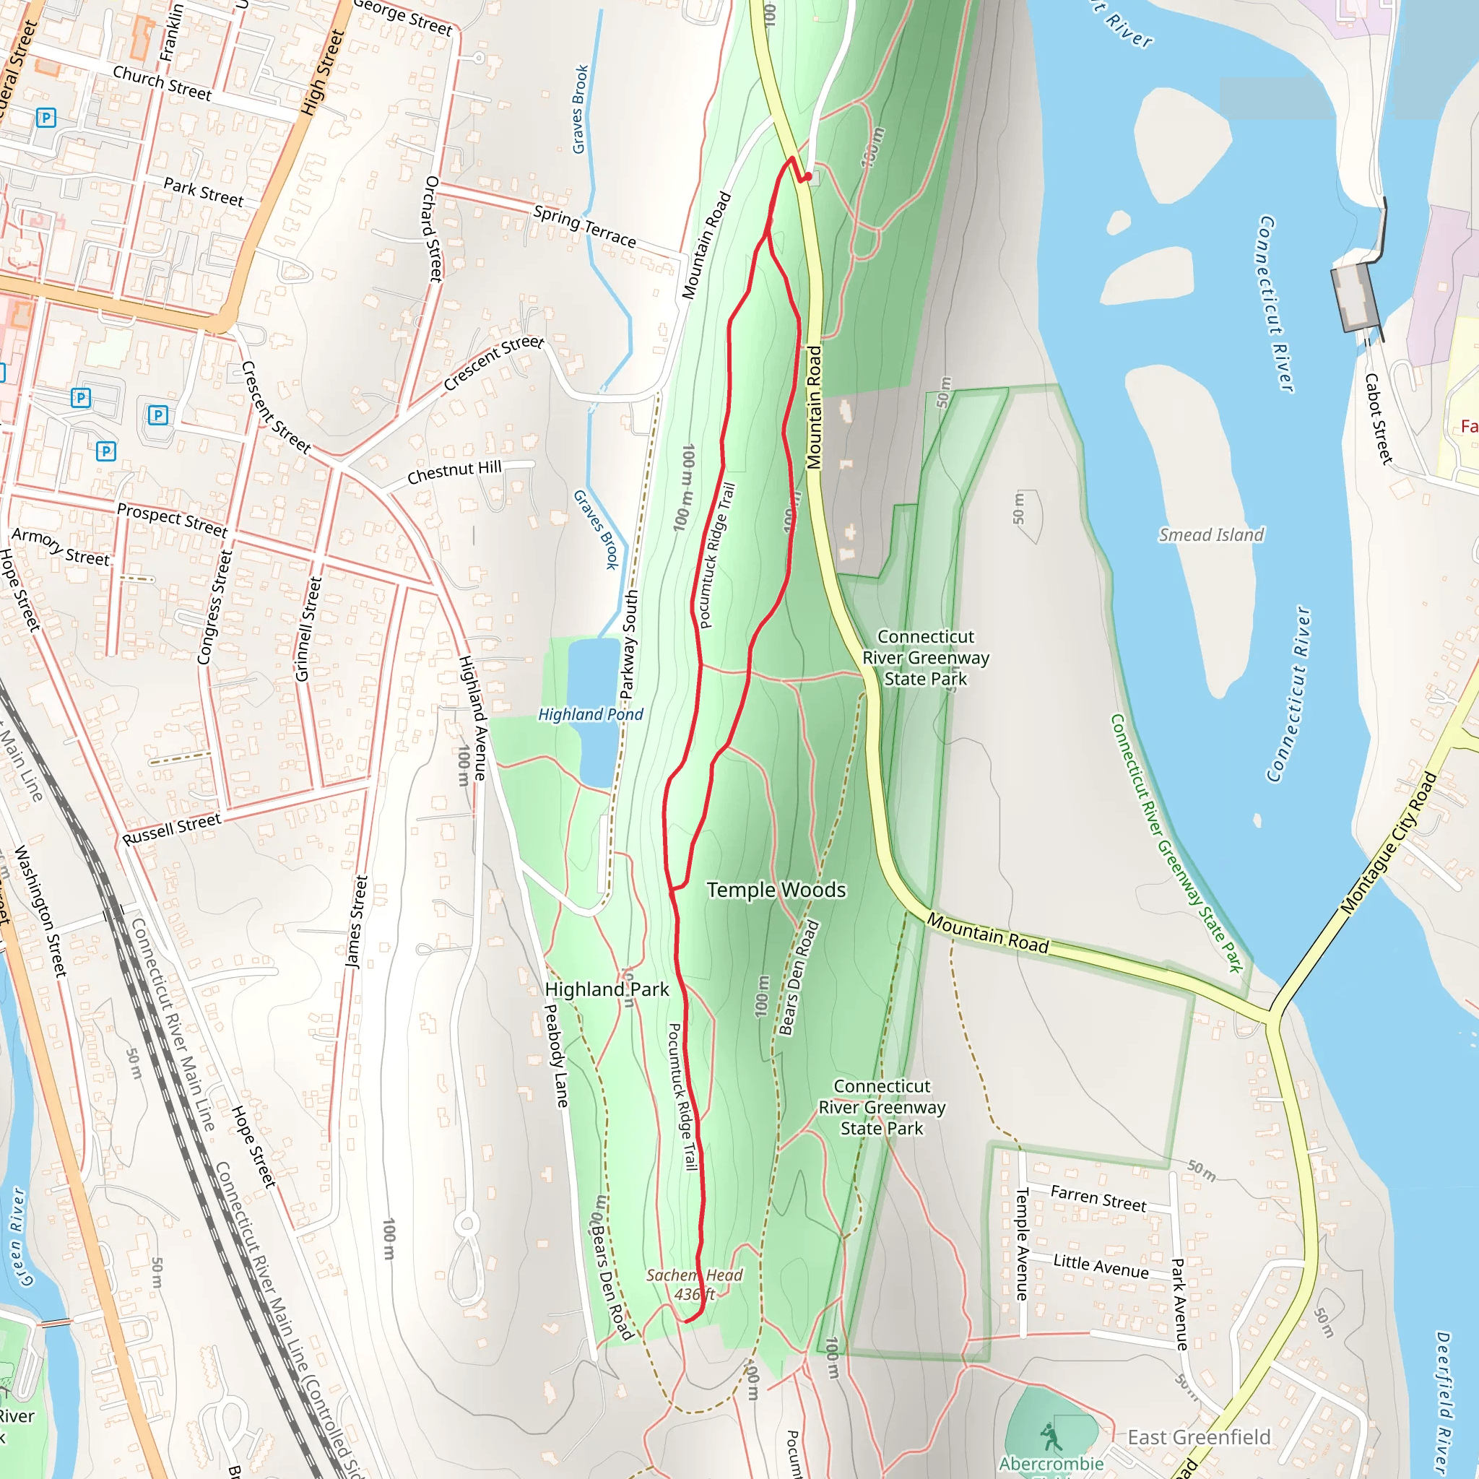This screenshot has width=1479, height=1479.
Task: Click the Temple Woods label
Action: click(x=776, y=890)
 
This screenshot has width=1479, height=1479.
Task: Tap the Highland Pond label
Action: click(x=590, y=714)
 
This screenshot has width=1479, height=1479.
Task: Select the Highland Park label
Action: click(x=607, y=989)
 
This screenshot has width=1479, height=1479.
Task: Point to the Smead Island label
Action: click(x=1211, y=534)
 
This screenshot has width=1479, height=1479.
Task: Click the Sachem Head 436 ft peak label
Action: click(x=693, y=1285)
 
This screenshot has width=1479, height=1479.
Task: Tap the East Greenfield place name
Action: click(x=1199, y=1437)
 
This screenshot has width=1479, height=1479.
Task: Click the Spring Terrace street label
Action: click(x=585, y=226)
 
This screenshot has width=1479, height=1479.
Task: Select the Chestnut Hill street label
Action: click(x=454, y=472)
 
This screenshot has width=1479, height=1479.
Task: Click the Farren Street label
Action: click(x=1098, y=1198)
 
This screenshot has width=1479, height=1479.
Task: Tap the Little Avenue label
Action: click(x=1100, y=1265)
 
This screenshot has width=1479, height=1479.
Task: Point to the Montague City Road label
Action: click(x=1389, y=843)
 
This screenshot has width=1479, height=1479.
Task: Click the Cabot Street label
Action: click(x=1378, y=418)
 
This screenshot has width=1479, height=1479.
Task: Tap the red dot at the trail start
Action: click(x=807, y=177)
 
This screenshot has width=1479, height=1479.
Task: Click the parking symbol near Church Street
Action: click(x=46, y=118)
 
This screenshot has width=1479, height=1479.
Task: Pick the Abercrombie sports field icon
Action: click(x=1051, y=1437)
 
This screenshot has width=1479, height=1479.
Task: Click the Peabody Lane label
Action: click(x=556, y=1056)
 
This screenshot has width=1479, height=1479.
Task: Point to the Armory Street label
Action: click(x=61, y=546)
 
